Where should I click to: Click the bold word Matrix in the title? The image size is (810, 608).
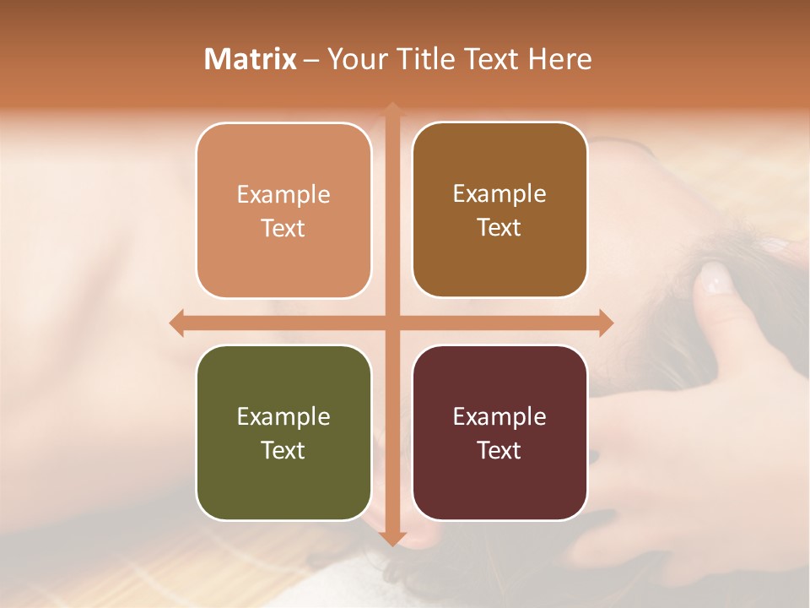pos(251,59)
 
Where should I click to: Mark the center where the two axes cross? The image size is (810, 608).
pos(391,323)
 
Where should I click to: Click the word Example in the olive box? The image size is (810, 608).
pos(283,416)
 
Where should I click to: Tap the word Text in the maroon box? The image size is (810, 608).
pos(499,450)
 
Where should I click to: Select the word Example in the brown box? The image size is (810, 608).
pos(499,194)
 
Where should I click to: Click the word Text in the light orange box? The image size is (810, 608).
pos(283,228)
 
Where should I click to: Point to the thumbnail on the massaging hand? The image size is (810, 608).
pos(715,277)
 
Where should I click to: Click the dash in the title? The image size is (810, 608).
pos(312,60)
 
